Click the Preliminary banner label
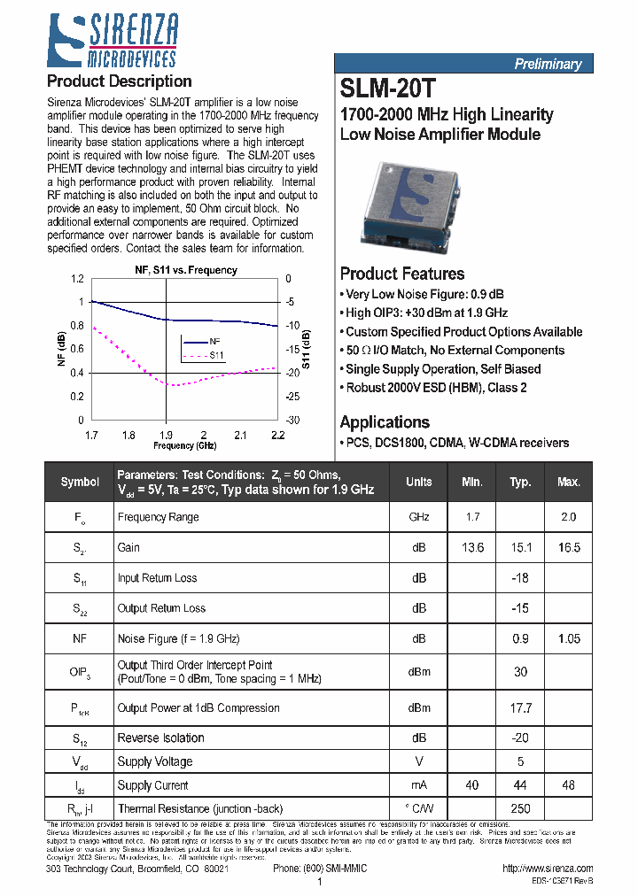click(548, 64)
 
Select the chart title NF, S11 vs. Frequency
click(185, 270)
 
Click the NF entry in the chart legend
click(214, 341)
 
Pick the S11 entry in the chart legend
click(217, 355)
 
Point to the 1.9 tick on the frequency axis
click(166, 435)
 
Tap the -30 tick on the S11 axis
click(293, 421)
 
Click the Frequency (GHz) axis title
click(185, 445)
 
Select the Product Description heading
click(119, 81)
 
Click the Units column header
click(419, 482)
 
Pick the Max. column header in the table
click(569, 482)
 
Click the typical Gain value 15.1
click(521, 548)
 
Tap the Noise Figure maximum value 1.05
click(569, 638)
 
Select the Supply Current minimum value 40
click(472, 785)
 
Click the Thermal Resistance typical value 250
click(521, 808)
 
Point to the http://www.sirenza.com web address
click(547, 869)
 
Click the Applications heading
click(385, 422)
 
